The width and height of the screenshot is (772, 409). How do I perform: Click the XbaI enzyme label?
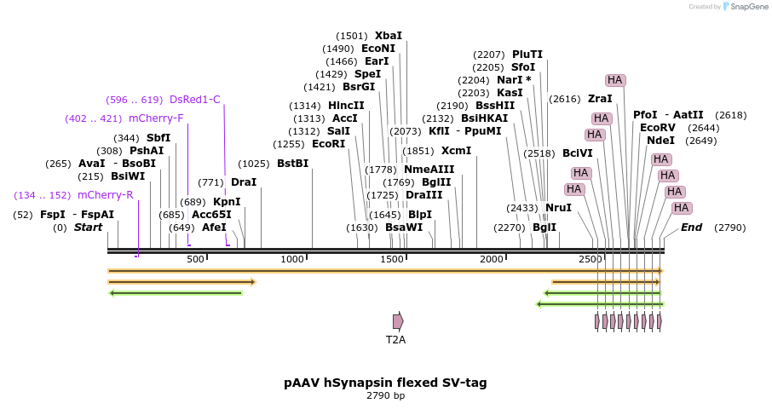[x=388, y=36]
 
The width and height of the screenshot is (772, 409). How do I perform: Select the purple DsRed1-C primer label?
[x=194, y=100]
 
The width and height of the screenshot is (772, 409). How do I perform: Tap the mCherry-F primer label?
[x=155, y=118]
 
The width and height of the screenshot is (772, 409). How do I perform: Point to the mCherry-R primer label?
[x=105, y=195]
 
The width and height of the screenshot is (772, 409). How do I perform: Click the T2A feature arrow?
[x=398, y=321]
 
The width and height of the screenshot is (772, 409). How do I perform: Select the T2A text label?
[x=396, y=339]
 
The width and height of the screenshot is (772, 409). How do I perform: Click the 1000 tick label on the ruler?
[x=292, y=259]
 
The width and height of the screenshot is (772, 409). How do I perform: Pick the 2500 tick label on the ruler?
[x=590, y=259]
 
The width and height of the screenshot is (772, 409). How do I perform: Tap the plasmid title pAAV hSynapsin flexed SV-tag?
[x=385, y=383]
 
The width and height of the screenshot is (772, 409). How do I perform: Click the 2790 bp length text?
[x=385, y=395]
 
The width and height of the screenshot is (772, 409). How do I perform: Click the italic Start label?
[x=88, y=228]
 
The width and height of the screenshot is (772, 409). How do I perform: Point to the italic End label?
[x=691, y=228]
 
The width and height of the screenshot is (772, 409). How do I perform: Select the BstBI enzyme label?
[x=292, y=164]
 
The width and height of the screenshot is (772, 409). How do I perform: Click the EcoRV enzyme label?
[x=657, y=128]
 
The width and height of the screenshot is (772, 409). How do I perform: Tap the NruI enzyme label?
[x=558, y=208]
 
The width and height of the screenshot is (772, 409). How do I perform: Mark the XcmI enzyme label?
[x=456, y=151]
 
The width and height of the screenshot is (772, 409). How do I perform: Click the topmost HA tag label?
[x=615, y=80]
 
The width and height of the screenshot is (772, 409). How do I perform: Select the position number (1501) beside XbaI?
[x=352, y=36]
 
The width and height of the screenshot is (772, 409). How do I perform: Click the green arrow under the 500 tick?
[x=176, y=293]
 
